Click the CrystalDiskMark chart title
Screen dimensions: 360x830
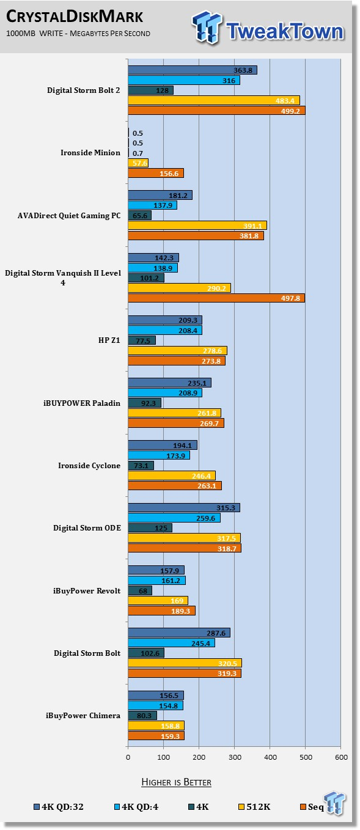point(75,17)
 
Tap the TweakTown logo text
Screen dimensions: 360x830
point(285,31)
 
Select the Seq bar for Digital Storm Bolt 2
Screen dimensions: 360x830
point(216,111)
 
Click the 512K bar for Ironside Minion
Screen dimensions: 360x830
point(138,163)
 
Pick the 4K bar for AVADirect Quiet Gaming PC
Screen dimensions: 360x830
point(139,215)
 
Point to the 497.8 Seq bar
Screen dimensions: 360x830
point(216,298)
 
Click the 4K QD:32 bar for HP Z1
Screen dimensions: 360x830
point(165,320)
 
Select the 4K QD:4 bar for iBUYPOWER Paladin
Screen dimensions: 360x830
point(165,393)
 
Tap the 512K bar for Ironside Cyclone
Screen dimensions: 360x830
point(172,476)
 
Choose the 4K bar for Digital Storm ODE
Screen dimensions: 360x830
point(150,527)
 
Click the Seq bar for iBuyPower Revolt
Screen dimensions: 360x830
point(161,611)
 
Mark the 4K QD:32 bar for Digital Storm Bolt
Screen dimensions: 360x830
point(179,633)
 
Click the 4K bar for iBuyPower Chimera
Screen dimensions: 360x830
point(142,716)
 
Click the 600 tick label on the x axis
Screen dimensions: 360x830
point(341,757)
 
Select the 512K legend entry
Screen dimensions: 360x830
point(254,807)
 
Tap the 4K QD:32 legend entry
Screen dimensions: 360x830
point(59,807)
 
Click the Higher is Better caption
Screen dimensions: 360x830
point(176,782)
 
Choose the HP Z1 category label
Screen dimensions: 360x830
point(109,340)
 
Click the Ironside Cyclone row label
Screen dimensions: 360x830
point(89,465)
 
